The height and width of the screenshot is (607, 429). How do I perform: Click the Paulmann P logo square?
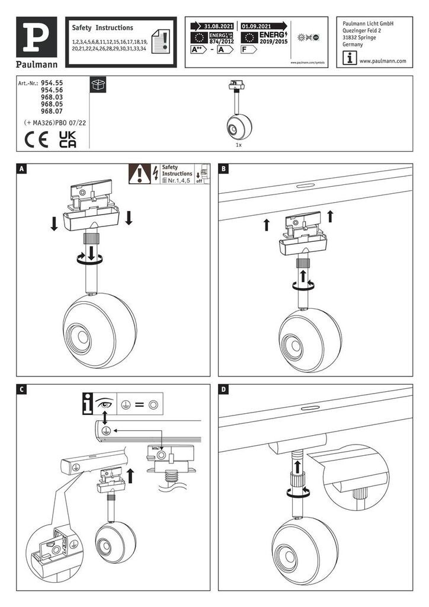click(41, 36)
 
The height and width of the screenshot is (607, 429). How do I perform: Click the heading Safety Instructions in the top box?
click(103, 28)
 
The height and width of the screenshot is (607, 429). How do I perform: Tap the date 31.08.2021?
click(219, 27)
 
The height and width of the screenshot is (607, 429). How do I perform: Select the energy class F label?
click(248, 50)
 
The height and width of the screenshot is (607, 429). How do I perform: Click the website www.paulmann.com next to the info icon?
click(382, 61)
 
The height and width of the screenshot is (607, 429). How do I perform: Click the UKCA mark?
click(68, 139)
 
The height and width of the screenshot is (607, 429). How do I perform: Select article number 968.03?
click(52, 98)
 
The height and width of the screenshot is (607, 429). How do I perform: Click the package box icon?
click(98, 85)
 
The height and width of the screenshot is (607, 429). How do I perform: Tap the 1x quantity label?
click(238, 145)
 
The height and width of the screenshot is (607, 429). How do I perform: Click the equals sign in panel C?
click(139, 405)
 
